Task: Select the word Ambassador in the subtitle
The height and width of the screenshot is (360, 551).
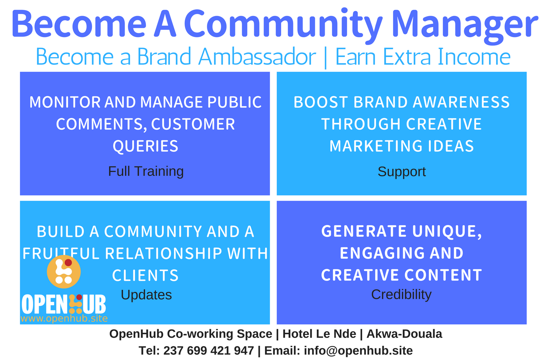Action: pyautogui.click(x=257, y=57)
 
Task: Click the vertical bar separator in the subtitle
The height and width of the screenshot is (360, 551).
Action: pyautogui.click(x=326, y=58)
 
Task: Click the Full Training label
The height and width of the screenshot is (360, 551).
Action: pyautogui.click(x=146, y=171)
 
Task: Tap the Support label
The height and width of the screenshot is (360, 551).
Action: pyautogui.click(x=402, y=171)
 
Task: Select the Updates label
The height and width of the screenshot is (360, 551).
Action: pyautogui.click(x=146, y=294)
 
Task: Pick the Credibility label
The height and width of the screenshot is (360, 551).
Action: pyautogui.click(x=401, y=294)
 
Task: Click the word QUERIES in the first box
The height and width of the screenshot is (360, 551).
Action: pyautogui.click(x=145, y=146)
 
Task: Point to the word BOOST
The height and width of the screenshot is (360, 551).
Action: pyautogui.click(x=320, y=102)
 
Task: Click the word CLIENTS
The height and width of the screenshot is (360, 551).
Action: pyautogui.click(x=145, y=275)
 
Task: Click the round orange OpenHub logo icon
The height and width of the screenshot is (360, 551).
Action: pyautogui.click(x=64, y=272)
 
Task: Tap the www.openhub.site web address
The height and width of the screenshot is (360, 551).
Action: pyautogui.click(x=64, y=318)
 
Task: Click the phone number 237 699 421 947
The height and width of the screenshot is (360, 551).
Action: pyautogui.click(x=209, y=351)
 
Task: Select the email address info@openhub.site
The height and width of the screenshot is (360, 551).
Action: pyautogui.click(x=358, y=351)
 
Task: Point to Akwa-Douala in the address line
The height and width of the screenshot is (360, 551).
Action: pyautogui.click(x=404, y=334)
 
